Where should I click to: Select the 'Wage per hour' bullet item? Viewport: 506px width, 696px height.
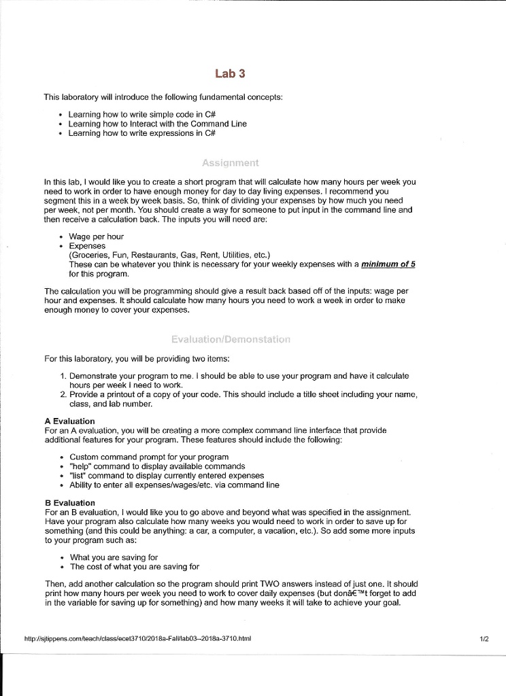pos(97,237)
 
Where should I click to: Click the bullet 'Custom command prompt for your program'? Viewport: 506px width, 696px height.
pos(149,457)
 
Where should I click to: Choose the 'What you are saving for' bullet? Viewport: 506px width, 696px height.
pos(114,557)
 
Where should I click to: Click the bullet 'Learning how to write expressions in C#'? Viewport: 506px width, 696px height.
pos(142,133)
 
